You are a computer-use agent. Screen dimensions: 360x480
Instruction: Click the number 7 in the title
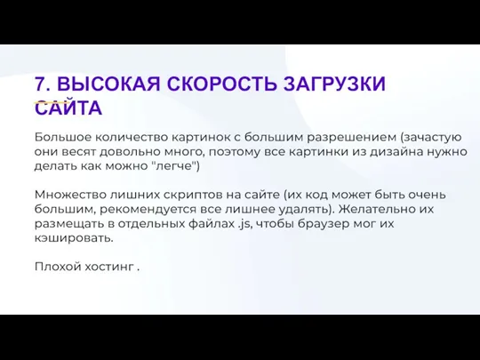click(x=40, y=84)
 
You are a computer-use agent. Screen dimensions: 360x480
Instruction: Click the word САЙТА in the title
click(x=68, y=108)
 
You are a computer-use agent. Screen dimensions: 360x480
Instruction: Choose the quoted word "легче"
click(x=176, y=166)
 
